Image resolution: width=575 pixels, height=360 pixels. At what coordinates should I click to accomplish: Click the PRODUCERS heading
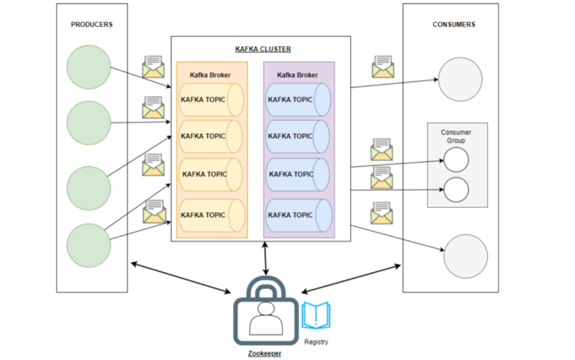coord(91,25)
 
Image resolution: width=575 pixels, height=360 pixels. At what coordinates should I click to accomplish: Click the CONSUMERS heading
coord(453,25)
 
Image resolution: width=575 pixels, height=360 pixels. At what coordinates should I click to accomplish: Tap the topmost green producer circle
coord(89,67)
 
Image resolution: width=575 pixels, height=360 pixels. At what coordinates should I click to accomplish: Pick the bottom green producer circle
coord(89,244)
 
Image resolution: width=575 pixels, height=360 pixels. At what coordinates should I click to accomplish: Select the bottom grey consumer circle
coord(465,253)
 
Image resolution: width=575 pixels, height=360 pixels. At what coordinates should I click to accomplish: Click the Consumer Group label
coord(456,136)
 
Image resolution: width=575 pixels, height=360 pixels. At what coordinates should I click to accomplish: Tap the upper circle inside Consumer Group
coord(456,159)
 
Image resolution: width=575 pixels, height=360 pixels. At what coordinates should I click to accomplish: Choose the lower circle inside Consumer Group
coord(456,191)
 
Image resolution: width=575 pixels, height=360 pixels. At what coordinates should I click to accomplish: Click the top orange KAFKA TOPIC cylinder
coord(211,99)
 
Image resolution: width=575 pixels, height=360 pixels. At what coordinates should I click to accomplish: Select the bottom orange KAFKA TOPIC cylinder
coord(212,215)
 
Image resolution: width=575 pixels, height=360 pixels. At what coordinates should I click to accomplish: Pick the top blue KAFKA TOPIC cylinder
coord(298,99)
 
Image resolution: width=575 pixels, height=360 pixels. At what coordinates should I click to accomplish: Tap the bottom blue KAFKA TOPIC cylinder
coord(298,215)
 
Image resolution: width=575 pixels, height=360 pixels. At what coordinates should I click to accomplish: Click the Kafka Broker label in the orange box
coord(210,75)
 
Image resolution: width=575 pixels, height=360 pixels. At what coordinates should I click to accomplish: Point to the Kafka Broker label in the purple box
coord(297,75)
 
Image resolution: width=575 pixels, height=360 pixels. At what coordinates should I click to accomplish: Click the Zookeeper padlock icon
coord(264,311)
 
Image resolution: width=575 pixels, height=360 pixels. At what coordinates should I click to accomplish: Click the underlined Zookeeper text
coord(264,353)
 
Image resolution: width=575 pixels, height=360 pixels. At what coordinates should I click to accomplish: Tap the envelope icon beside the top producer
coord(154,67)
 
